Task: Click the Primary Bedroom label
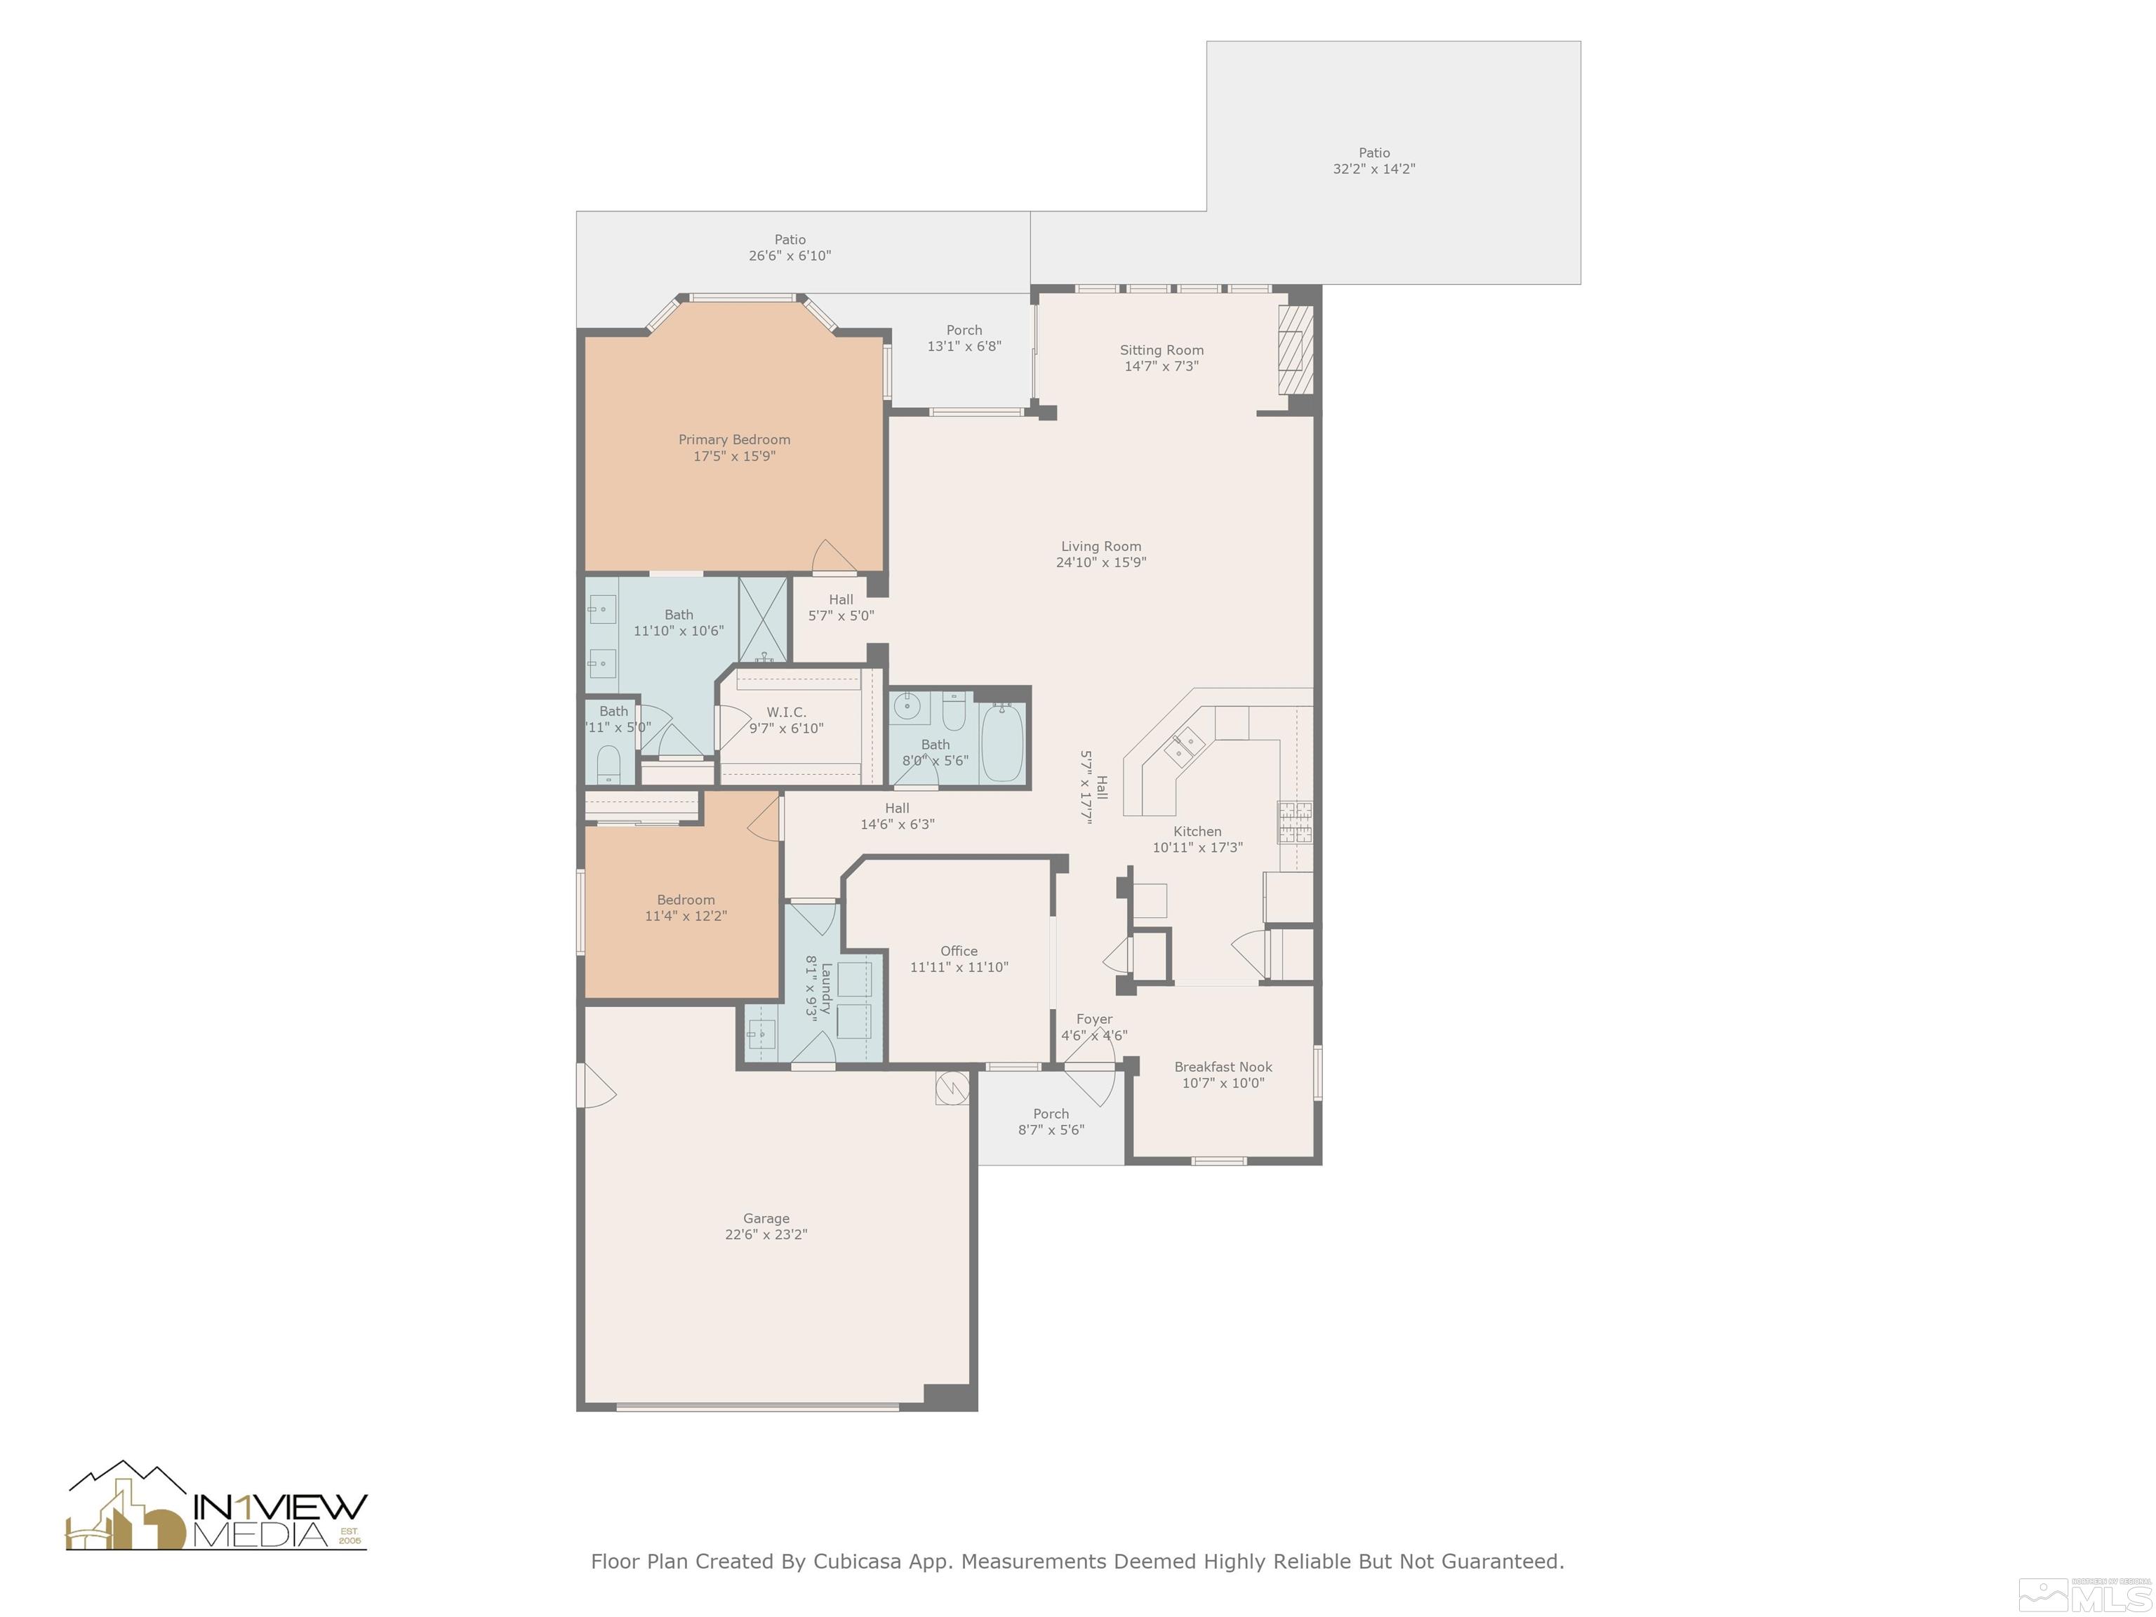click(734, 439)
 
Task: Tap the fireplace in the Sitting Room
click(1294, 350)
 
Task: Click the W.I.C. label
click(785, 712)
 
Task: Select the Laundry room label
click(825, 988)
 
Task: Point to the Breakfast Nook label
click(1223, 1067)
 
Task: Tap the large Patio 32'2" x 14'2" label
click(1373, 153)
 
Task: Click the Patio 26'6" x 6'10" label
click(790, 240)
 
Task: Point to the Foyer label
click(1093, 1020)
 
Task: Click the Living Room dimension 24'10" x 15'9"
click(1100, 562)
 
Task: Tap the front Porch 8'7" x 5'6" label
click(1051, 1114)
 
